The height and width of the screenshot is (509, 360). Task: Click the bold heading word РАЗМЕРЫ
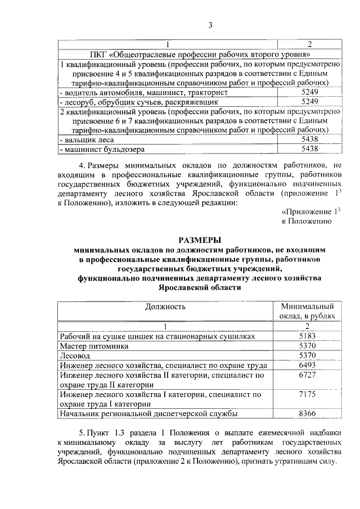click(x=200, y=240)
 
